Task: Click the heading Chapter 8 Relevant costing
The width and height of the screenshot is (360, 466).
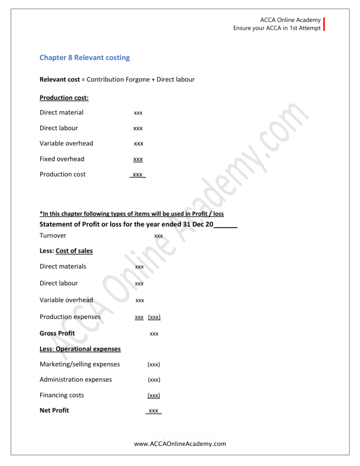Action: pos(85,58)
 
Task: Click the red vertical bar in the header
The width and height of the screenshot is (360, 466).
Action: pos(324,24)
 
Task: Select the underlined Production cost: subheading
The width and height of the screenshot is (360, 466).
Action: pos(64,98)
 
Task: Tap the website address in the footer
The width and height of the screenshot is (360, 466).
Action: pos(180,444)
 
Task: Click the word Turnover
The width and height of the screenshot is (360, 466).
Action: pos(53,236)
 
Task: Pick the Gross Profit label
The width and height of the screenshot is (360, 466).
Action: pos(57,334)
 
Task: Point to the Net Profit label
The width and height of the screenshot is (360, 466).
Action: pos(54,410)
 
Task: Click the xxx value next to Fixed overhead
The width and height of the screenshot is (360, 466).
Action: pos(138,159)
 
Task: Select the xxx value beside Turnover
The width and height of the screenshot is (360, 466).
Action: pos(158,236)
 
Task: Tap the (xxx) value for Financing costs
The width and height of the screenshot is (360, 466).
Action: pos(154,395)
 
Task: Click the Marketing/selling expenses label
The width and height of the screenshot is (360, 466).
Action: pos(80,365)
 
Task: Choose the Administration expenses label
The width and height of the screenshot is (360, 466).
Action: pos(76,380)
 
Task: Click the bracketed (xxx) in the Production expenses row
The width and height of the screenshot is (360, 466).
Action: pos(154,317)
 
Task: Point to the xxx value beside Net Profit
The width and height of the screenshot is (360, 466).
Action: pos(153,411)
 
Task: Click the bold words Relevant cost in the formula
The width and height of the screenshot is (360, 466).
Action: pos(60,80)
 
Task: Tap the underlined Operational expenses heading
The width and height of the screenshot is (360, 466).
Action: pos(88,349)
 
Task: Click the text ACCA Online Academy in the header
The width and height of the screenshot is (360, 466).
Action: pos(290,20)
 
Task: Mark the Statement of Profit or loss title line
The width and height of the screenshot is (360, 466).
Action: pos(138,224)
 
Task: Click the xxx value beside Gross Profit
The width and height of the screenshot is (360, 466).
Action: pos(154,334)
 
